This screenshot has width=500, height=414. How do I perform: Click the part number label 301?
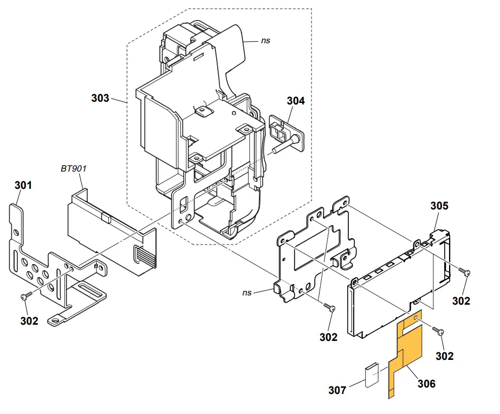point(23,185)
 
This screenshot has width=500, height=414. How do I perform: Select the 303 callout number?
point(100,98)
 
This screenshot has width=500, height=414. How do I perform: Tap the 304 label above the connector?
point(296,101)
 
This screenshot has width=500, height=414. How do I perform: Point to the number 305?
point(439,206)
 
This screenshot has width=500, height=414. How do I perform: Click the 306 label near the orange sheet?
point(426,384)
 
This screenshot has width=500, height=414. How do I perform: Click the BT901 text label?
point(73,168)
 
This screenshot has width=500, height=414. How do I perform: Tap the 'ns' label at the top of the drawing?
point(265,40)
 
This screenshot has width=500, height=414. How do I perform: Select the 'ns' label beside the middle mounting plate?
point(247,292)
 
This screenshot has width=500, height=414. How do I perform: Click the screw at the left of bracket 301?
point(26,297)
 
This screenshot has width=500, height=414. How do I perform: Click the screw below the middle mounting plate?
point(330,307)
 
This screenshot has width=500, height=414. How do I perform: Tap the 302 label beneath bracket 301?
point(29,320)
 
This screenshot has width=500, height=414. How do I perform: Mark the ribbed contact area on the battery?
point(145,254)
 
